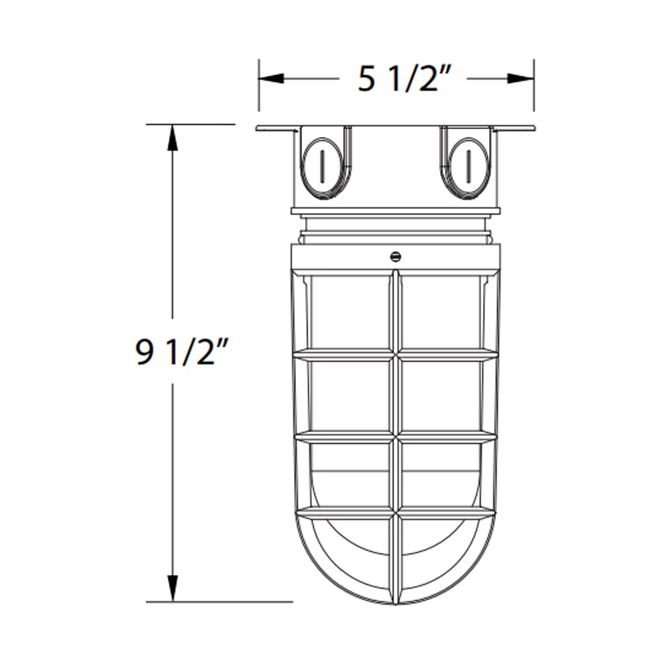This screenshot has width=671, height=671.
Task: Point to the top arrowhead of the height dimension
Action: [x=172, y=138]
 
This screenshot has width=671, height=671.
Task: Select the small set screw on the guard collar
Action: [x=395, y=256]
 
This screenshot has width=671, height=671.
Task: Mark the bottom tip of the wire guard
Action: [x=396, y=602]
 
